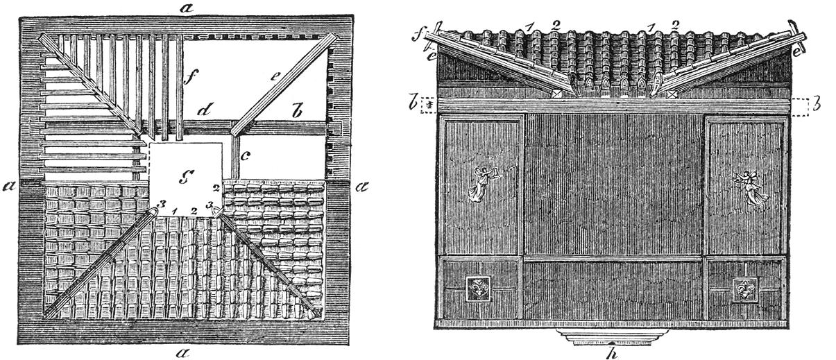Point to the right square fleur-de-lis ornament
pos(744,289)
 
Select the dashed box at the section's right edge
pos(800,106)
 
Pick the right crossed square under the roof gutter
pos(671,92)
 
